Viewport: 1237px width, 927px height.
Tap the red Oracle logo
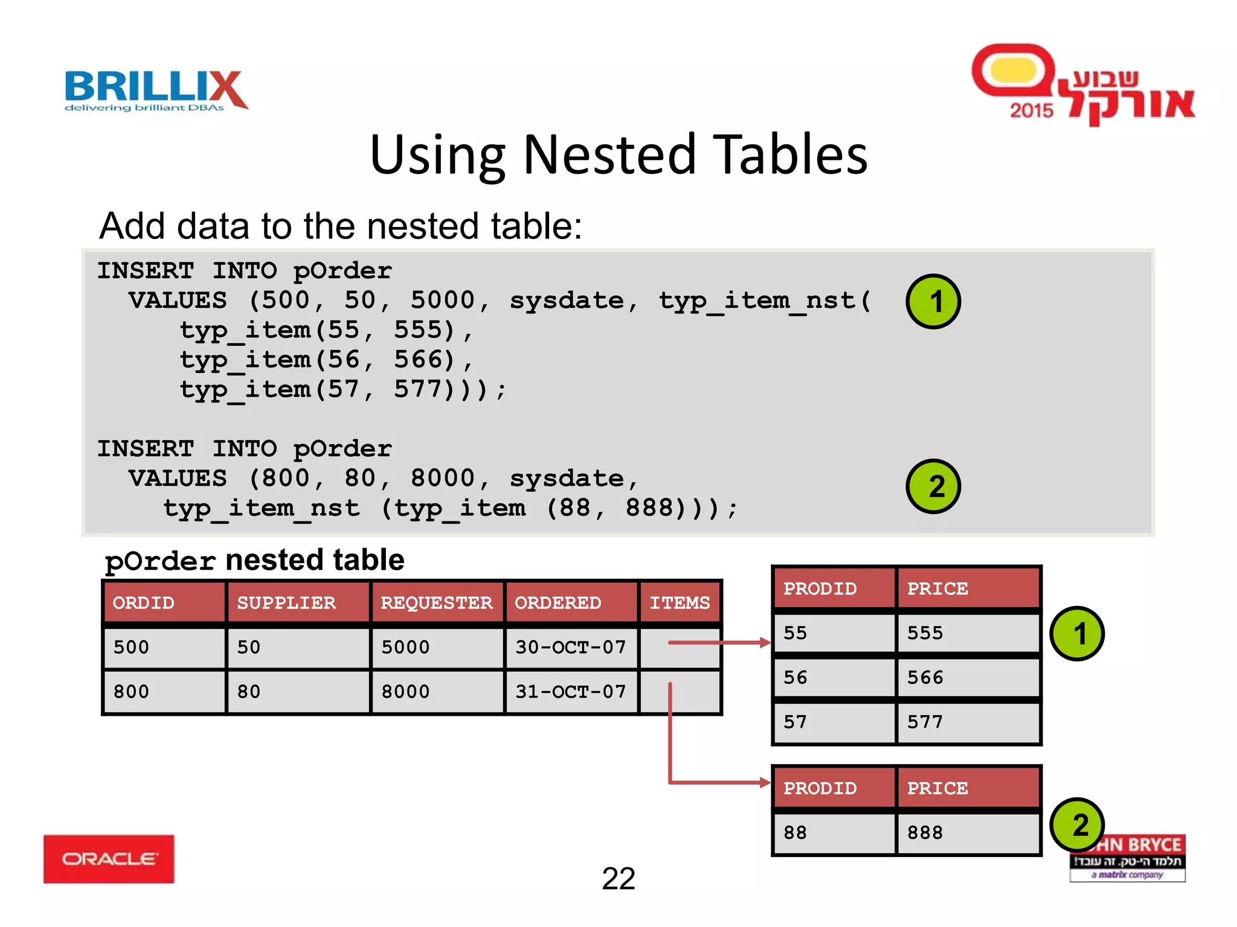[109, 859]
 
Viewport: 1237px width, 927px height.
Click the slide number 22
[618, 879]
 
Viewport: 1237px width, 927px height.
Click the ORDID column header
[144, 603]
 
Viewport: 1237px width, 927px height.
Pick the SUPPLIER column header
[286, 603]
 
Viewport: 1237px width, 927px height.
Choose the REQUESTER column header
[436, 603]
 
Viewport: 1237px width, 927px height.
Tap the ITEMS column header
[680, 603]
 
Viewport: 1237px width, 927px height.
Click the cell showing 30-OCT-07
[570, 648]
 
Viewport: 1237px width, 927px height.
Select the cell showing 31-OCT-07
[570, 692]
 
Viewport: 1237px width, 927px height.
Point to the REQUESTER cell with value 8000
[405, 692]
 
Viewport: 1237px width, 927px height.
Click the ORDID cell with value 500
[131, 648]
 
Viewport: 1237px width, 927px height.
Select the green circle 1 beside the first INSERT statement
[933, 301]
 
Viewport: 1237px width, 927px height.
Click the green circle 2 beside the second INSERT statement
[933, 486]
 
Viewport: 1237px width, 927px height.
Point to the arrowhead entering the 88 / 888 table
[765, 783]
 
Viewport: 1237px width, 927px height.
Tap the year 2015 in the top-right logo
[1031, 110]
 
